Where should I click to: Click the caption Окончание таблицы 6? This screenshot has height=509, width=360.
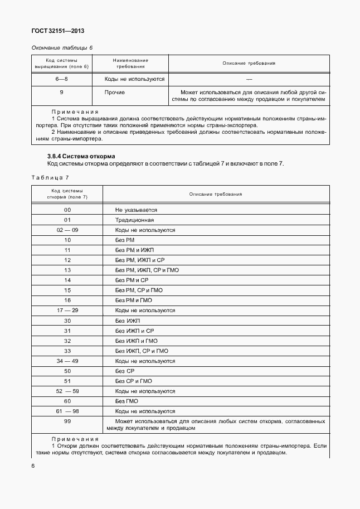click(62, 47)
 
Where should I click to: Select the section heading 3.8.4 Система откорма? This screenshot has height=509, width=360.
click(81, 156)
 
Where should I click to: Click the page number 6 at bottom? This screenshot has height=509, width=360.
click(33, 466)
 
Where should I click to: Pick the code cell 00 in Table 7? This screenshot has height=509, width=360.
click(67, 210)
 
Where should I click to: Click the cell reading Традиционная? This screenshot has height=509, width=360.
click(134, 220)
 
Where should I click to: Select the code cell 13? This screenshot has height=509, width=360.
click(67, 270)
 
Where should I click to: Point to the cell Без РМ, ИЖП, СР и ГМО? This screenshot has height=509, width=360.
click(147, 270)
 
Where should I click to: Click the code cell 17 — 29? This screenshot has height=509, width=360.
click(67, 310)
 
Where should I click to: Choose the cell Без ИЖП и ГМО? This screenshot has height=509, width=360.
click(137, 341)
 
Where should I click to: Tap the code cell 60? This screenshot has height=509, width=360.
click(67, 401)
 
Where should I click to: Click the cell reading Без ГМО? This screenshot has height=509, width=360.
click(127, 401)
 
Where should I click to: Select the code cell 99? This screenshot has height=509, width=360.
click(67, 421)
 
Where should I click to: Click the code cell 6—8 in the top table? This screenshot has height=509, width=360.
click(61, 79)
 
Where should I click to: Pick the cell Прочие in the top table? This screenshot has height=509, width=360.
click(114, 92)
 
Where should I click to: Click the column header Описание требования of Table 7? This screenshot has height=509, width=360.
click(216, 193)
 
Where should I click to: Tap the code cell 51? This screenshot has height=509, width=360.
click(67, 381)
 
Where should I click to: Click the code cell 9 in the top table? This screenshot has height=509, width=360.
click(61, 92)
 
